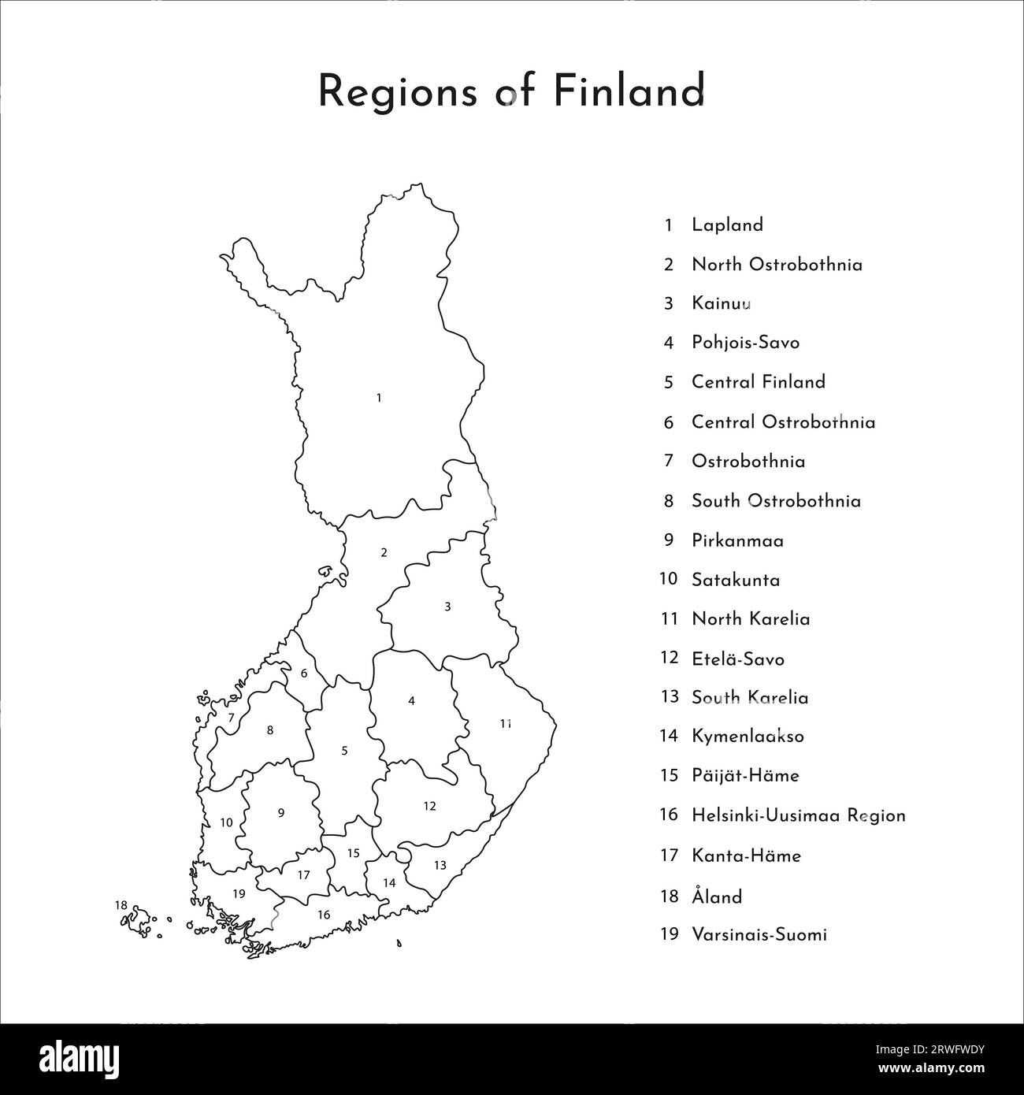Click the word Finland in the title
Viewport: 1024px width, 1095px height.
627,91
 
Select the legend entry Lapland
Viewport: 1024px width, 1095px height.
727,225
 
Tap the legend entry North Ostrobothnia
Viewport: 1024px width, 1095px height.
777,264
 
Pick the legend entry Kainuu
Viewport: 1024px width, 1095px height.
721,303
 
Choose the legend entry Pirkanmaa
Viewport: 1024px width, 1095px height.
737,540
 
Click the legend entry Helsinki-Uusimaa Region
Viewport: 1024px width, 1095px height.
798,815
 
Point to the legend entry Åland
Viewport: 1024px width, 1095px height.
717,896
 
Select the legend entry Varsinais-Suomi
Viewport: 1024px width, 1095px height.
759,935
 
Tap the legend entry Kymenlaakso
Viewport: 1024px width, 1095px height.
748,737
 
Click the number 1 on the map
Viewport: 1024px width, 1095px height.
379,398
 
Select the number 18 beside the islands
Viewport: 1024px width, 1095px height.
121,905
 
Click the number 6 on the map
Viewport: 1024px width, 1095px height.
304,674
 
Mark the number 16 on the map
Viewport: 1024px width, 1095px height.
323,915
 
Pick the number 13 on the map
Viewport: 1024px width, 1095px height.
440,865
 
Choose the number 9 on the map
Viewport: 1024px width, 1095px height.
280,813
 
